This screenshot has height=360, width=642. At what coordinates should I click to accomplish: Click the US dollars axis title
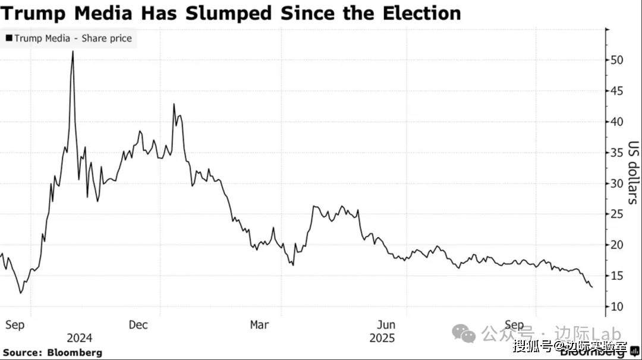tap(632, 172)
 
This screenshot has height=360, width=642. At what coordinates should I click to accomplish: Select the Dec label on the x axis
tap(139, 325)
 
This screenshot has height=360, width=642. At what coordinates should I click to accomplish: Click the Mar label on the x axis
tap(259, 325)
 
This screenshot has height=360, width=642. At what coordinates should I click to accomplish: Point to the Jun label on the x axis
tap(386, 325)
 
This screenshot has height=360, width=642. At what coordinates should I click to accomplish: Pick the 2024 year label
tap(80, 338)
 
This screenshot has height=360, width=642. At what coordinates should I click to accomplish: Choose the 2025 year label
tap(382, 338)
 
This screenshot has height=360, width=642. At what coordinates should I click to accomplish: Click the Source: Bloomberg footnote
tap(52, 352)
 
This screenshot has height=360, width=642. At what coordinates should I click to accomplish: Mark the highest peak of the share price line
tap(73, 52)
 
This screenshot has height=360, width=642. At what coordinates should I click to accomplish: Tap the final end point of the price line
tap(591, 287)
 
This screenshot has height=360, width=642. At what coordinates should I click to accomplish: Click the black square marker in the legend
tap(9, 39)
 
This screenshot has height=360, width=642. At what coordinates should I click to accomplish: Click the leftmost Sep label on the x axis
tap(15, 325)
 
